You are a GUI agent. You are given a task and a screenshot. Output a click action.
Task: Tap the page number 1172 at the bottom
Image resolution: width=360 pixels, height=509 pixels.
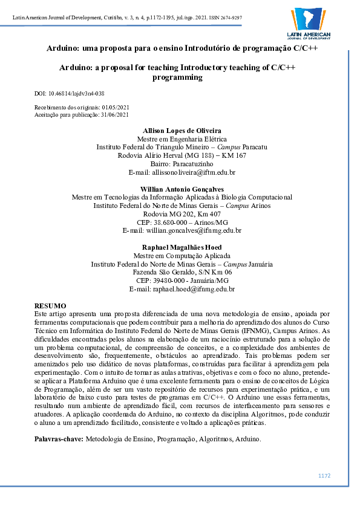tap(324, 476)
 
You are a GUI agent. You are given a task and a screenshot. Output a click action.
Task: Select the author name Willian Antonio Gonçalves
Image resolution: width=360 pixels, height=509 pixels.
tap(182, 189)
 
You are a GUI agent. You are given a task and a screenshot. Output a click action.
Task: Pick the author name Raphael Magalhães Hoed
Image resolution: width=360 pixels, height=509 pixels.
tap(182, 247)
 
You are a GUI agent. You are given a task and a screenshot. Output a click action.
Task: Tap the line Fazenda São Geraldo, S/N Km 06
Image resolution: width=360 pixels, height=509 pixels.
tap(182, 273)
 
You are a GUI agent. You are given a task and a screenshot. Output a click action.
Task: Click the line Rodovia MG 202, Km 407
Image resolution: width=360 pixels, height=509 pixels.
tap(182, 214)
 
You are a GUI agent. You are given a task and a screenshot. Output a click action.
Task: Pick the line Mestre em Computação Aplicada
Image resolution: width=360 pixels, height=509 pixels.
tap(182, 256)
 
